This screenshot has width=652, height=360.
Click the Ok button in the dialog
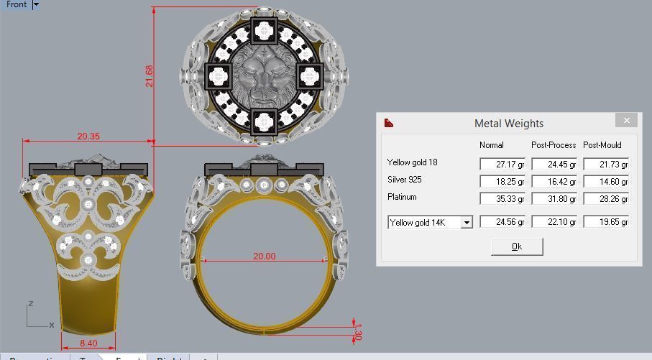coord(516,246)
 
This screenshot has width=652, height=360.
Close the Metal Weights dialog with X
coord(626,121)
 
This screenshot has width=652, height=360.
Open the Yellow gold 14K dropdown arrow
coord(467,223)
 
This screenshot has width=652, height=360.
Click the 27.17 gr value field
coord(502,165)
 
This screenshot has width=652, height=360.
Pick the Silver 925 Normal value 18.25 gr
coord(502,182)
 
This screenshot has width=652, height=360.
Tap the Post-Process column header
coord(553,145)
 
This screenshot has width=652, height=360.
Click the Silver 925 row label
coord(404,180)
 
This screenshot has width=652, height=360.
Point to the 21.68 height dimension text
coord(150,76)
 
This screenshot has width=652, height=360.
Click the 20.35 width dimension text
coord(88,137)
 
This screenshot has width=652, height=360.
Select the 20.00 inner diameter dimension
coord(264,257)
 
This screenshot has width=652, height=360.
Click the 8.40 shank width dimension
coord(88,344)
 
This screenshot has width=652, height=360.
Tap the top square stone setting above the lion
coord(264,31)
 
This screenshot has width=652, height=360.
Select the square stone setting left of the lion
coord(220,75)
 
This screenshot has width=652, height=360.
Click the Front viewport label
coord(16,4)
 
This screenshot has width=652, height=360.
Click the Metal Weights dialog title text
coord(508,124)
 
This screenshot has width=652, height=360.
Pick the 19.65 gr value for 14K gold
coord(606,222)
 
